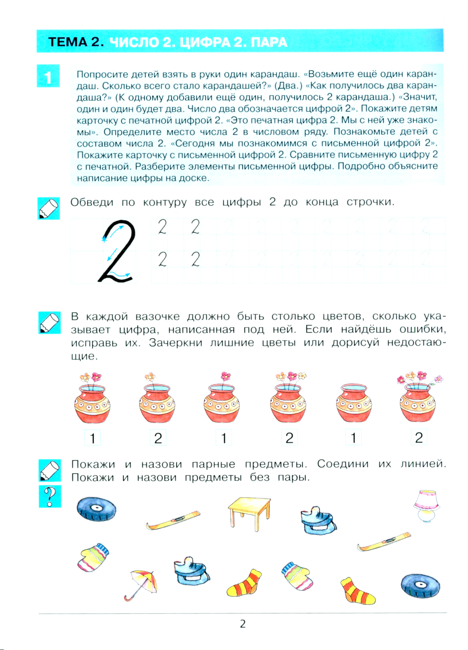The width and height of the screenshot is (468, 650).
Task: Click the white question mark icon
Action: tap(50, 496)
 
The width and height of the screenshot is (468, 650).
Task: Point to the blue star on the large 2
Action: tap(104, 239)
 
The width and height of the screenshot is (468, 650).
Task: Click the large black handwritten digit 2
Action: tap(117, 251)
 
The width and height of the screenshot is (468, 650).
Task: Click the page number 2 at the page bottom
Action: tap(243, 624)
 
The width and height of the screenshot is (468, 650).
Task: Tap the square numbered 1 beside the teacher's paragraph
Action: tap(48, 76)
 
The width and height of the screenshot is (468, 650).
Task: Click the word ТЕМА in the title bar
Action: tap(68, 42)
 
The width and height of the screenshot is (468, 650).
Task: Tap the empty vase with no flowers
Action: tap(354, 403)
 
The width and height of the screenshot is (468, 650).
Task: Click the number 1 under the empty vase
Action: tap(353, 438)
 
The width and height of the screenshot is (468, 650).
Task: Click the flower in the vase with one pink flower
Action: tap(226, 376)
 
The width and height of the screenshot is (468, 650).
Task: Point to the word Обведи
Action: tap(92, 202)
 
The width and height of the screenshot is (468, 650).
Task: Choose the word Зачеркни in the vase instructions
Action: tap(179, 343)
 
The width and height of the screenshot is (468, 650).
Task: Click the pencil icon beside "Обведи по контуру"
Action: tap(48, 209)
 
